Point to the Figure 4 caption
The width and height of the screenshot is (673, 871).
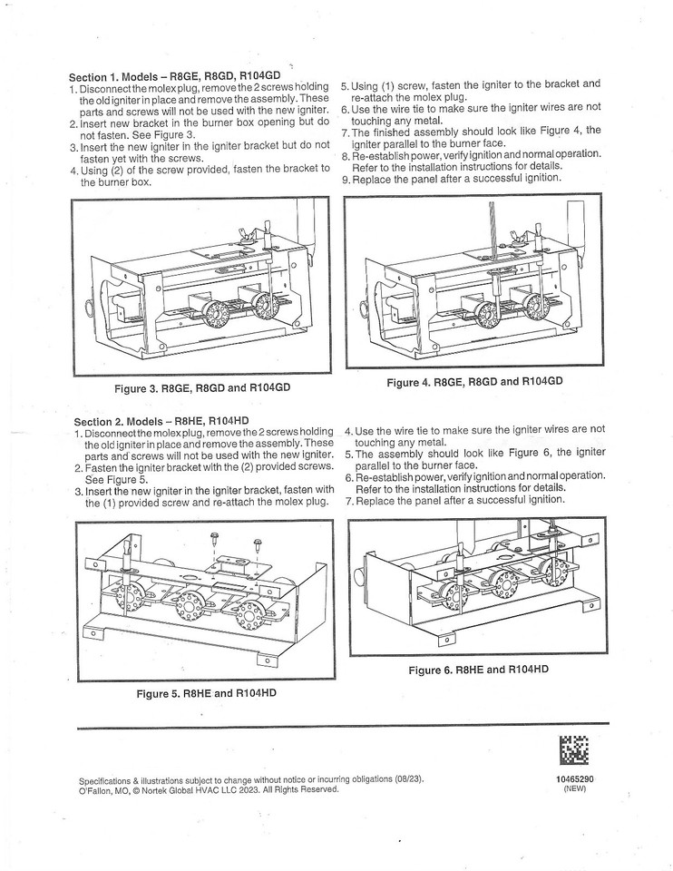pos(474,382)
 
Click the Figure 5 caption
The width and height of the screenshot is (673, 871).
pos(206,693)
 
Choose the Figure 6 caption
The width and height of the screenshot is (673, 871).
pos(480,670)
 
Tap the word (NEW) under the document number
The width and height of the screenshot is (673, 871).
pos(575,789)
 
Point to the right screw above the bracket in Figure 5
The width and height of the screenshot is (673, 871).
pos(258,546)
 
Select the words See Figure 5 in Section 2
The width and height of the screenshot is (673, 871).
pos(115,479)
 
